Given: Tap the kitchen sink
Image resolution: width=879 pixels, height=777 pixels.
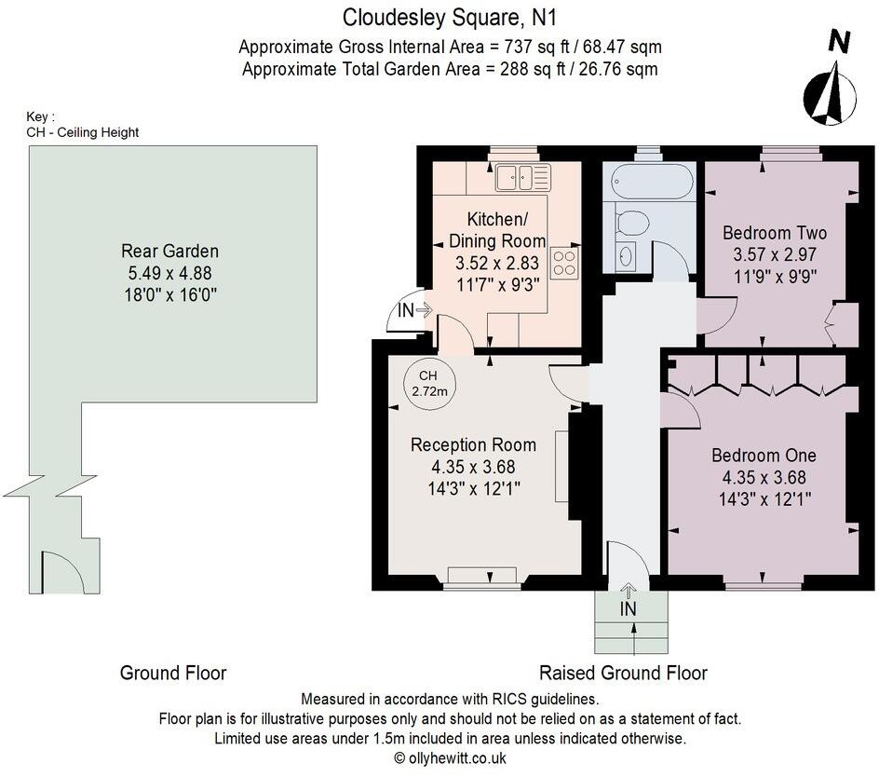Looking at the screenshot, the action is point(523,177).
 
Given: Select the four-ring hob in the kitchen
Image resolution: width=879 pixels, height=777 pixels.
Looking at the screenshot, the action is point(565,263).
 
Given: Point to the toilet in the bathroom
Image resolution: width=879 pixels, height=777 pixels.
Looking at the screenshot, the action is point(630,222).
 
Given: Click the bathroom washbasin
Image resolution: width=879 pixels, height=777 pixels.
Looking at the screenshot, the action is point(625,257).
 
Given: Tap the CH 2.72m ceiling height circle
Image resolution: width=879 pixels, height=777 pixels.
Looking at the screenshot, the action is point(429,384).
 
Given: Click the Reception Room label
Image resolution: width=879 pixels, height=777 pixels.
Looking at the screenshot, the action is point(473,445).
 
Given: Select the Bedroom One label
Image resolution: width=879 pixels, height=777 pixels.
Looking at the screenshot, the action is point(764,455).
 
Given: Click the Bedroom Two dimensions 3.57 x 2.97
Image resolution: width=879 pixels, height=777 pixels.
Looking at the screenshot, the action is point(775,254).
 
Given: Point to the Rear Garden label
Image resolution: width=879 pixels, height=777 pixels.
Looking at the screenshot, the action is point(169,251).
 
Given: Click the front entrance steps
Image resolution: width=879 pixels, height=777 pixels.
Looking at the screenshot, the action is point(631,622).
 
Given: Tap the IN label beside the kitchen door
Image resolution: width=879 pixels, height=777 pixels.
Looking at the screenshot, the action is point(405,309).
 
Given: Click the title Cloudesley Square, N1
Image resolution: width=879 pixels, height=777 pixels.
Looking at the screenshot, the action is point(450,18).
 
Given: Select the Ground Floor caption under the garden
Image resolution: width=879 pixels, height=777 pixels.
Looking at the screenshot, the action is point(173,673).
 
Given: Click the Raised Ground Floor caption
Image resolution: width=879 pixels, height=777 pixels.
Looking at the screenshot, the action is point(623,673).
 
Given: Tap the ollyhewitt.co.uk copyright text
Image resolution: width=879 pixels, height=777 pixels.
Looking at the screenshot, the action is point(450,758).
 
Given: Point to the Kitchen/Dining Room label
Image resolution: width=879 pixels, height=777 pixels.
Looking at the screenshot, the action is point(497,230).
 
